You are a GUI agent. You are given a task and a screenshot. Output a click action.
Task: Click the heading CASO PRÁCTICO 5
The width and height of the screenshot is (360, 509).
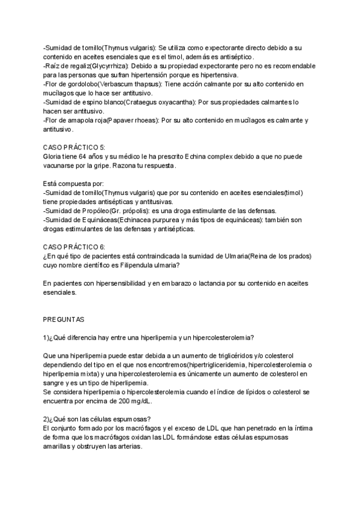[x=75, y=147]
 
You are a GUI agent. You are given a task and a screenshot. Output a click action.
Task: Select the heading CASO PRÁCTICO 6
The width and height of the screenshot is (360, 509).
[x=75, y=247]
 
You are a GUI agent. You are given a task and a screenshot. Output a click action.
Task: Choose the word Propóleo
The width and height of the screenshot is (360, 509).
[x=89, y=211]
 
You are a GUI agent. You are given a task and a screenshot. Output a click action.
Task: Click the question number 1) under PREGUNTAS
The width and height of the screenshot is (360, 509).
[x=46, y=337]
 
